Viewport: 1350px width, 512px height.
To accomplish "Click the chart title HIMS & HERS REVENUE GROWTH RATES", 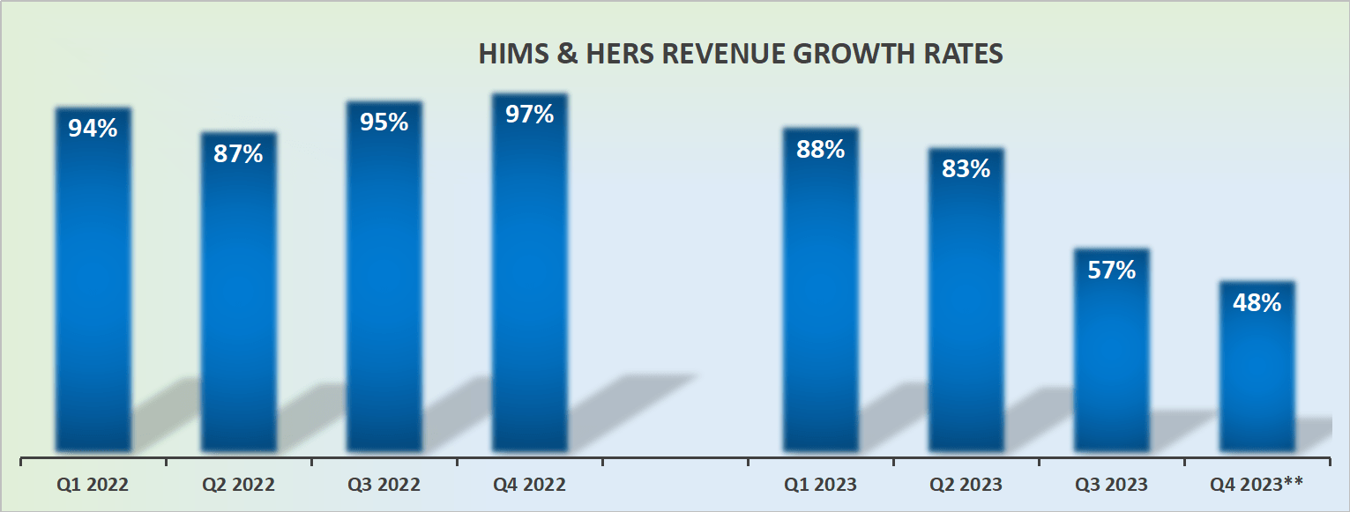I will (741, 54).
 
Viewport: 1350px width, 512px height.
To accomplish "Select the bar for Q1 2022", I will (93, 291).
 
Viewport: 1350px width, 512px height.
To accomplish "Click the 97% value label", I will (529, 114).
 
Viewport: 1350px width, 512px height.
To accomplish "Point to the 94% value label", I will (93, 128).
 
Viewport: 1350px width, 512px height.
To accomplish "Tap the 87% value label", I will (238, 153).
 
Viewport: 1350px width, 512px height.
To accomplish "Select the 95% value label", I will (384, 122).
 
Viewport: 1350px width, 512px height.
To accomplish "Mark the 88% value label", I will (820, 149).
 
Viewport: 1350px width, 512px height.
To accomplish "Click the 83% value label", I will (966, 168).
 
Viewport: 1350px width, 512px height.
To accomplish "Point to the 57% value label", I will (1111, 270).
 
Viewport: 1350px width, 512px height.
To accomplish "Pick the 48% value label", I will (1257, 303).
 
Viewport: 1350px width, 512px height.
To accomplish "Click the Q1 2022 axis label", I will (93, 485).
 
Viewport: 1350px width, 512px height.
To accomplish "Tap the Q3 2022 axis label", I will (384, 485).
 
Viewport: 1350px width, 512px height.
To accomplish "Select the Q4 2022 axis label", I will (529, 485).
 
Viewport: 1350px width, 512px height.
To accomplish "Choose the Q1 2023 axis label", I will (820, 485).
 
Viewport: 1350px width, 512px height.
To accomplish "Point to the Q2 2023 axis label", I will (966, 485).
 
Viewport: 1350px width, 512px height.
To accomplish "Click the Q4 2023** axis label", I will (1257, 484).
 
